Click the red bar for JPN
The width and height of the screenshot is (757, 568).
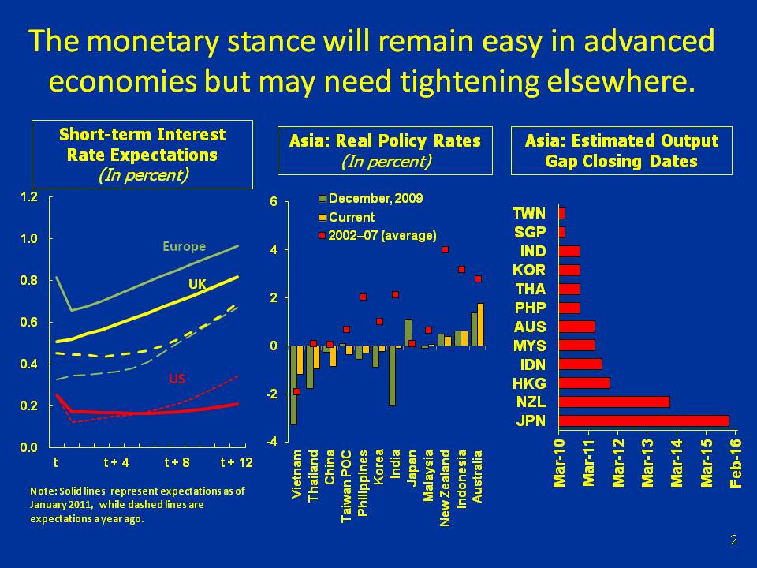coord(643,420)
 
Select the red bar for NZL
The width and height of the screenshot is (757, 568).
coord(614,402)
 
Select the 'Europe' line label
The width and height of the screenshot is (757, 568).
coord(184,246)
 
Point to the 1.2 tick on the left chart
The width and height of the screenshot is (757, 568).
coord(28,196)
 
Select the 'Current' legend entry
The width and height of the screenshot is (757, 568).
coord(352,217)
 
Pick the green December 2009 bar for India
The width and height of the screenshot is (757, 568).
coord(392,376)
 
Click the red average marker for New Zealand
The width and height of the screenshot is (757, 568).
coord(445,250)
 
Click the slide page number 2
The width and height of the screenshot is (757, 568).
coord(733,540)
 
